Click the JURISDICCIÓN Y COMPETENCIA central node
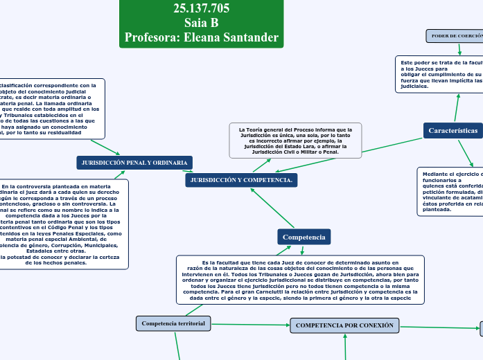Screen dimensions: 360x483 (x=241, y=180)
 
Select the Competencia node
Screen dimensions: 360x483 (x=304, y=237)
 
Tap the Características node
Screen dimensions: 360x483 (x=453, y=130)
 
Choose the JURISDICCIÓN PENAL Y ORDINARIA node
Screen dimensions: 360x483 (x=134, y=162)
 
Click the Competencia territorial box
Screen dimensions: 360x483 (x=173, y=323)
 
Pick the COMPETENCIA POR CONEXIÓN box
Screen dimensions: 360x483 (x=344, y=325)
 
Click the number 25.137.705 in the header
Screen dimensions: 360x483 (x=201, y=8)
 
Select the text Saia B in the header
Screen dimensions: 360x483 (x=201, y=23)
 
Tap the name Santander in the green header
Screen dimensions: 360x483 (x=251, y=37)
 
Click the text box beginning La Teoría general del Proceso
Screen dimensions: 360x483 (x=295, y=141)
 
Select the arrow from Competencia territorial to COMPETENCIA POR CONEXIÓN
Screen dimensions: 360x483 (x=249, y=324)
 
